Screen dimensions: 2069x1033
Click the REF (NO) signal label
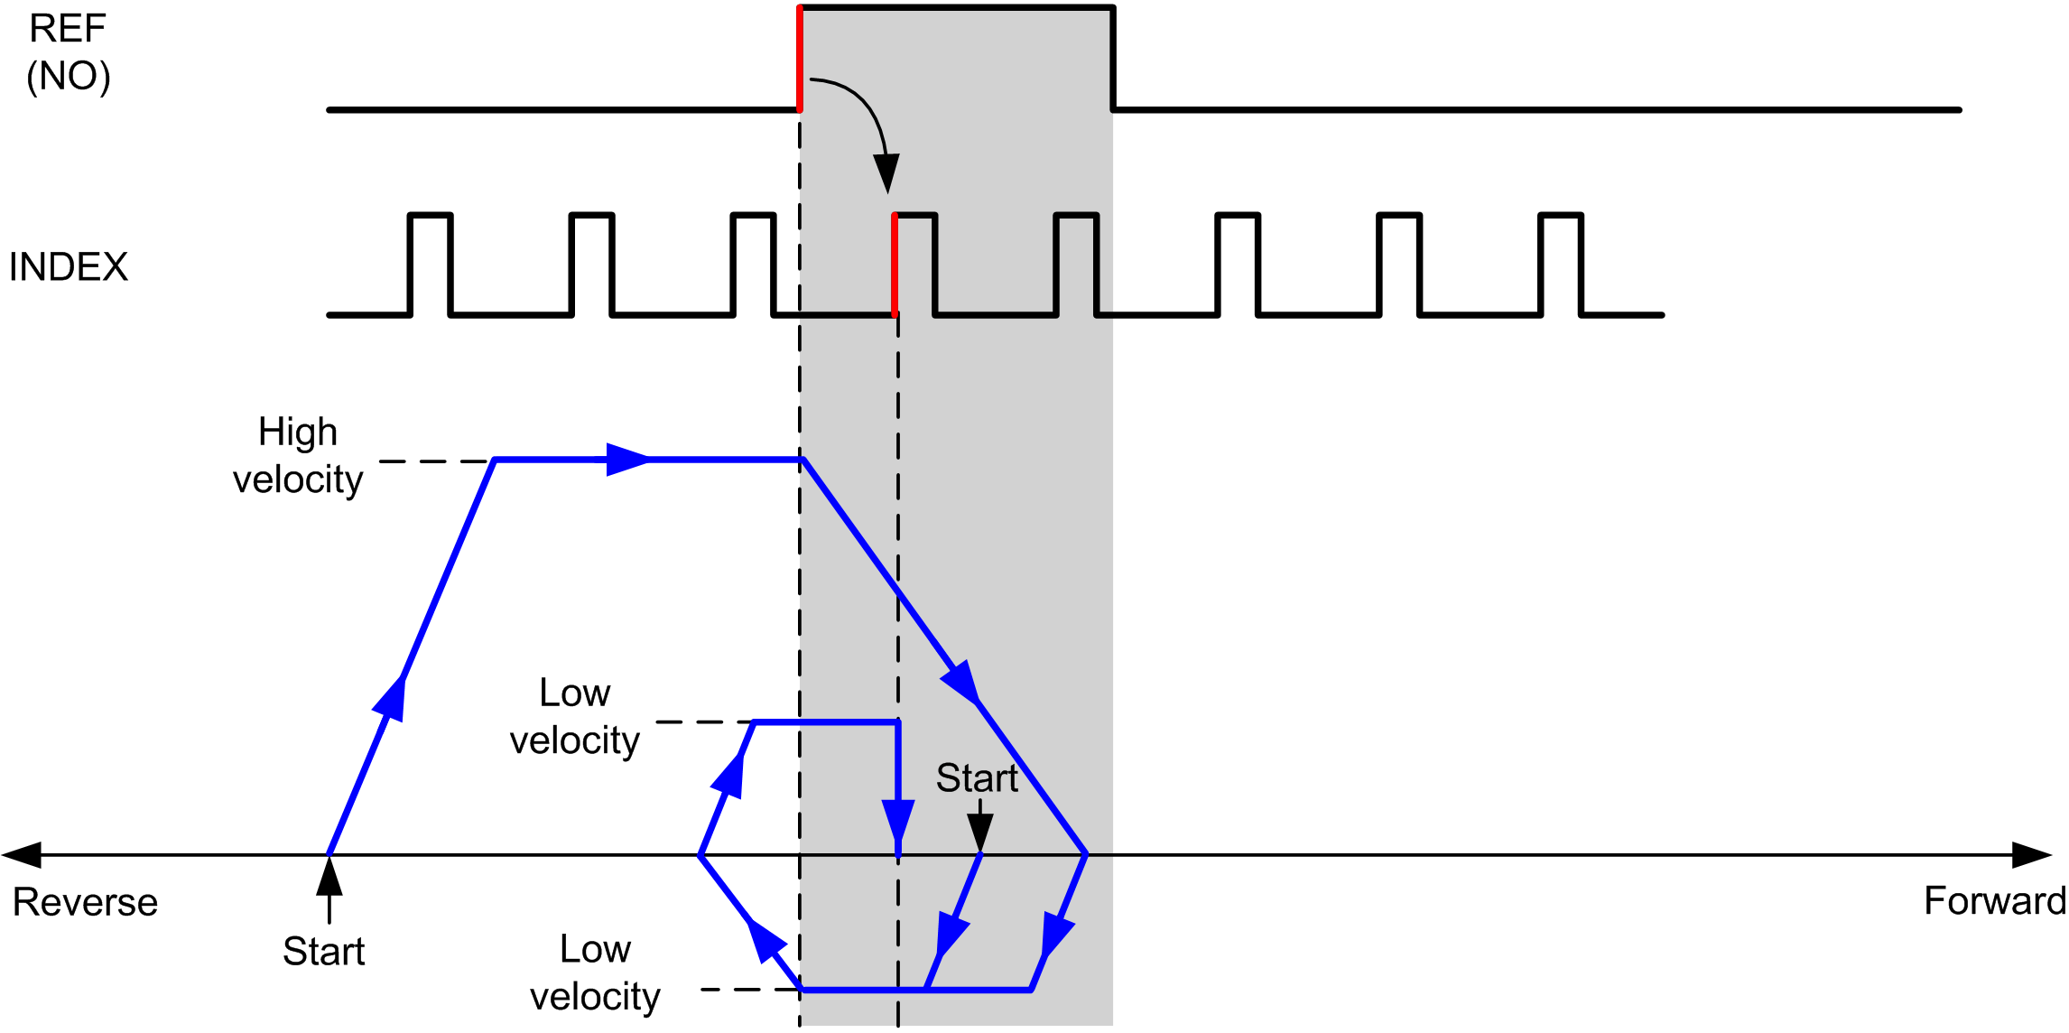tap(69, 52)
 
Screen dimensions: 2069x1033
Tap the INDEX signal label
tap(69, 267)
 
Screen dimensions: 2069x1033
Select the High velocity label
tap(298, 456)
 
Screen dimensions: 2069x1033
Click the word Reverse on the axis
tap(85, 902)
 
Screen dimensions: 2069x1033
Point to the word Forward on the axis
tap(1995, 900)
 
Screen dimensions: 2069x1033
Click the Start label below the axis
tap(323, 951)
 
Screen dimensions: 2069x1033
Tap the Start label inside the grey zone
tap(977, 777)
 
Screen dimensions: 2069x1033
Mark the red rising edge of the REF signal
tap(800, 59)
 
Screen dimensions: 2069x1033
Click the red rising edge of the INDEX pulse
tap(895, 265)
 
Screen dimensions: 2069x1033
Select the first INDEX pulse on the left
tap(430, 265)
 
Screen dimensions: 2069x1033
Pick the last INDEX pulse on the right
tap(1561, 265)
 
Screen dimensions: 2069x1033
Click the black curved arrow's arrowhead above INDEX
tap(886, 173)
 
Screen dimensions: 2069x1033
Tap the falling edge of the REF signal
tap(1113, 59)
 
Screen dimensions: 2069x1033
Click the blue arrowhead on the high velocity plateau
tap(628, 460)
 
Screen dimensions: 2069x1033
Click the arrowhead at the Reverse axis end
tap(22, 855)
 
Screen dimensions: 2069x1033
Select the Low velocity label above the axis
tap(575, 717)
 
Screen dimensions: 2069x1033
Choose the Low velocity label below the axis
tap(595, 973)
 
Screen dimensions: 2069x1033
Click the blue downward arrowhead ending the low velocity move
tap(898, 828)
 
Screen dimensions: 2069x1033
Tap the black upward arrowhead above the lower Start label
tap(329, 876)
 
